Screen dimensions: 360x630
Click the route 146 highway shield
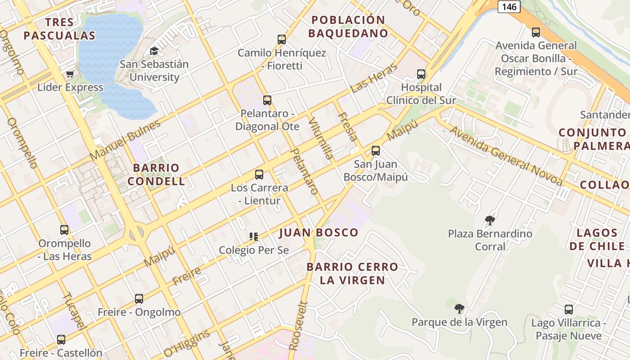pos(509,6)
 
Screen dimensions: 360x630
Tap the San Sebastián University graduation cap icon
pos(154,51)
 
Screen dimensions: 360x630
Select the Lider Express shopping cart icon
pos(70,74)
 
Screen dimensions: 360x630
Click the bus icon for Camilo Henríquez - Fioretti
pos(282,40)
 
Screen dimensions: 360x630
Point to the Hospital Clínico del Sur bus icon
pos(421,74)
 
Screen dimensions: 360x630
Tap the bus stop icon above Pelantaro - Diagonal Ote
pos(267,100)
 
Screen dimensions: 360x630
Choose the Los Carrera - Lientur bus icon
pos(259,175)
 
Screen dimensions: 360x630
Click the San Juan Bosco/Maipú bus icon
pos(376,151)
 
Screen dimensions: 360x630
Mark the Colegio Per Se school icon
pos(254,236)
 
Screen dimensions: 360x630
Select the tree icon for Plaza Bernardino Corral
pos(490,220)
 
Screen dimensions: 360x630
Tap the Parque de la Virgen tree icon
pos(459,309)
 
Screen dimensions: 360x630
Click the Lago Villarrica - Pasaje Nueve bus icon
pos(569,310)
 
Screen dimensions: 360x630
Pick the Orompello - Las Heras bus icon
pos(64,230)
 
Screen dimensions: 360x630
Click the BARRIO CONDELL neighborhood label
pos(156,175)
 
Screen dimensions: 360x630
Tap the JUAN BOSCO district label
pos(319,233)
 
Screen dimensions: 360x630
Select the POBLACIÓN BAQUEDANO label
pos(349,27)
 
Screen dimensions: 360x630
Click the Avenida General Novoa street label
pos(506,156)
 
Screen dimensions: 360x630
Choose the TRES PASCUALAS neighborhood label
pos(59,29)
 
